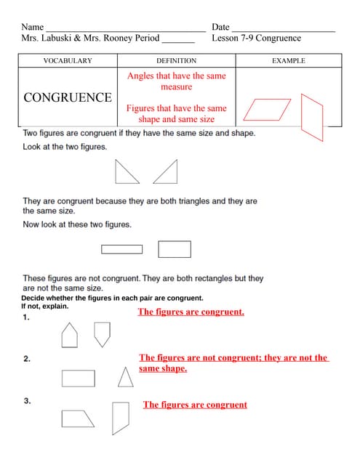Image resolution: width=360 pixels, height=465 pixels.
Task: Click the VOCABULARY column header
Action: tap(68, 61)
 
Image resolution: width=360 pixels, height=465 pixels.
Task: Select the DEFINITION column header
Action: tap(176, 61)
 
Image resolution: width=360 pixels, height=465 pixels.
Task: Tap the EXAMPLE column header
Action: tap(288, 61)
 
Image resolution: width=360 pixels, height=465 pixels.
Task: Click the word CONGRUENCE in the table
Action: tap(68, 97)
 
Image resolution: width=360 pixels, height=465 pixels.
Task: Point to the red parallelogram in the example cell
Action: tap(267, 110)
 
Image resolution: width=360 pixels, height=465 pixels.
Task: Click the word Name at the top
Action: tap(33, 27)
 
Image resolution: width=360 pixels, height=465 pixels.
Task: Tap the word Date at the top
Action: tap(220, 27)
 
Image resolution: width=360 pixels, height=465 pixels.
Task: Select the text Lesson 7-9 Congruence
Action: tap(256, 38)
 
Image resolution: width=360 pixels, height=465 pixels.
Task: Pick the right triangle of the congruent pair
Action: tap(167, 172)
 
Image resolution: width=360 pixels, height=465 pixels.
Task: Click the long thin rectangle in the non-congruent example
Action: tap(121, 249)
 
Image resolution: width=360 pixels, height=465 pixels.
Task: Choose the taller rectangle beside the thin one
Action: tap(175, 249)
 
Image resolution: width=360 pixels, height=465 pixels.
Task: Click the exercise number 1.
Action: tap(26, 318)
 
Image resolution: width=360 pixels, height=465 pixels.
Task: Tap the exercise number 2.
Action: tap(26, 359)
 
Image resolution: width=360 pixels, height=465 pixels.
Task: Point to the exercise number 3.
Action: tap(27, 400)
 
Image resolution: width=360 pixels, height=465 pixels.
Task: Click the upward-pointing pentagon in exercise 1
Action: tap(69, 335)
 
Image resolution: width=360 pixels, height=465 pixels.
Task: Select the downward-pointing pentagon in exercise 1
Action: tap(103, 333)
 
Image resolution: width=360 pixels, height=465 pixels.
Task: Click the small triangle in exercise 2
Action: tap(126, 377)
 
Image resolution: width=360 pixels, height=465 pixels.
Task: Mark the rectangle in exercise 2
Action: tap(79, 379)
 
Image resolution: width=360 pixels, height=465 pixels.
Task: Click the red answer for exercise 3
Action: tap(195, 405)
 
